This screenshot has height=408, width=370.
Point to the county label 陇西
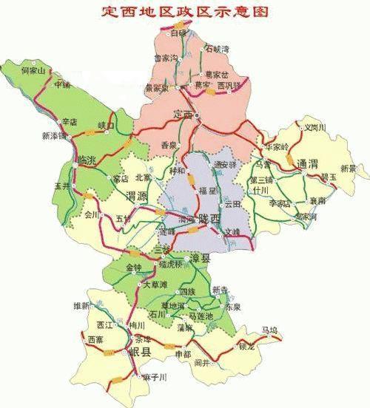click(x=206, y=218)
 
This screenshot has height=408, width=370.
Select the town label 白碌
click(x=178, y=33)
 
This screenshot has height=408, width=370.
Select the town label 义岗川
click(x=314, y=127)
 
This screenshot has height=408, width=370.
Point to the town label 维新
click(x=81, y=305)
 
